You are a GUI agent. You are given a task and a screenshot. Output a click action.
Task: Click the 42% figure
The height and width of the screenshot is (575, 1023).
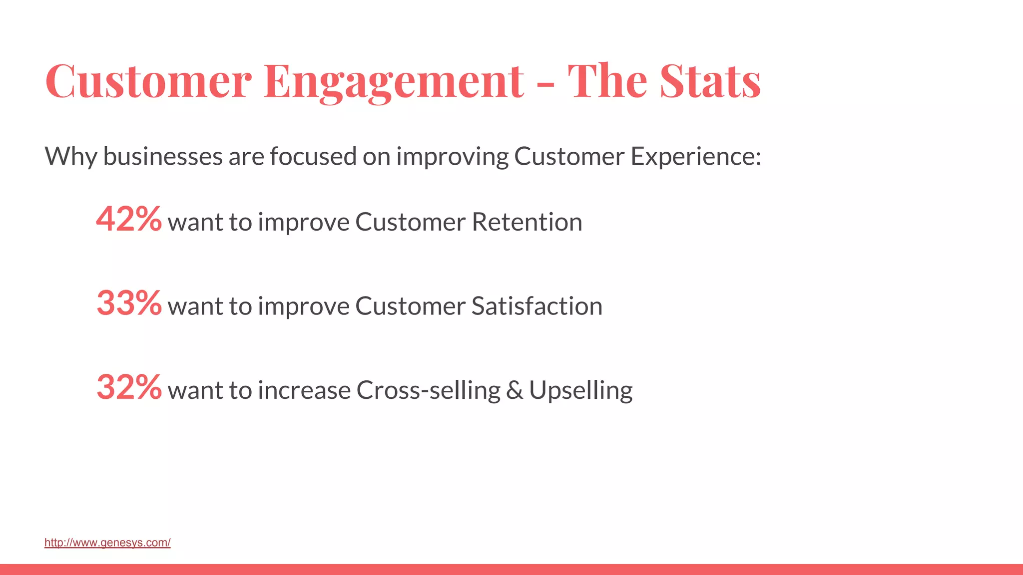pos(129,220)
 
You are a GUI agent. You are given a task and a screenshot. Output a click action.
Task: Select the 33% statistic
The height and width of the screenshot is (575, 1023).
pos(129,303)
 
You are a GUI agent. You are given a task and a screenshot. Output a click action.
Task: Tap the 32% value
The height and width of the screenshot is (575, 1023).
pos(129,387)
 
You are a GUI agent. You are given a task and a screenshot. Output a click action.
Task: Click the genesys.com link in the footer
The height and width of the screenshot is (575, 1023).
pos(107,543)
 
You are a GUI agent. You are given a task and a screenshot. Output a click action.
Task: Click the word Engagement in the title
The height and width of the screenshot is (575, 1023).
pos(394,81)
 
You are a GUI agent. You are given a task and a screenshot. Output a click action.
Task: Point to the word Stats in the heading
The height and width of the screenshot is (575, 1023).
pos(710,81)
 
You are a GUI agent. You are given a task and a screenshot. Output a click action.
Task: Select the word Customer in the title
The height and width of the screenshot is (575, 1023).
pos(148,81)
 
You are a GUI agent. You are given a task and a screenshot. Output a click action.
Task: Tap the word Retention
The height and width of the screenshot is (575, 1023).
pos(526,222)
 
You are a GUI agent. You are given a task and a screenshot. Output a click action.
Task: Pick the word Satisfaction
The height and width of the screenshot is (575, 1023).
pos(536,306)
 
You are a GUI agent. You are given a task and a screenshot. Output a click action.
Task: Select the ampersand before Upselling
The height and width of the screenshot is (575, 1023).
pos(514,390)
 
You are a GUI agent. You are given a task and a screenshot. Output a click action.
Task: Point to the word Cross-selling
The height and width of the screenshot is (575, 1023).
pos(428,390)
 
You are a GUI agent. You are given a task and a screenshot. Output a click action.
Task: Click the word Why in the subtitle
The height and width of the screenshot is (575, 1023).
pos(70,157)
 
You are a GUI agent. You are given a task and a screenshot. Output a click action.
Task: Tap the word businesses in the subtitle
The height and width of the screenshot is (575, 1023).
pos(163,157)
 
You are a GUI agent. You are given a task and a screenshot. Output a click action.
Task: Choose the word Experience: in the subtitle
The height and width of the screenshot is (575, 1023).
pos(695,157)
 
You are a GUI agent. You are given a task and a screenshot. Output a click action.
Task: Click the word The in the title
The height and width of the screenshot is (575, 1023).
pos(607,81)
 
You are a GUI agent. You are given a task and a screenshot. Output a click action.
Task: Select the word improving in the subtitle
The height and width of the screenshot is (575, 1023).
pos(452,157)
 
